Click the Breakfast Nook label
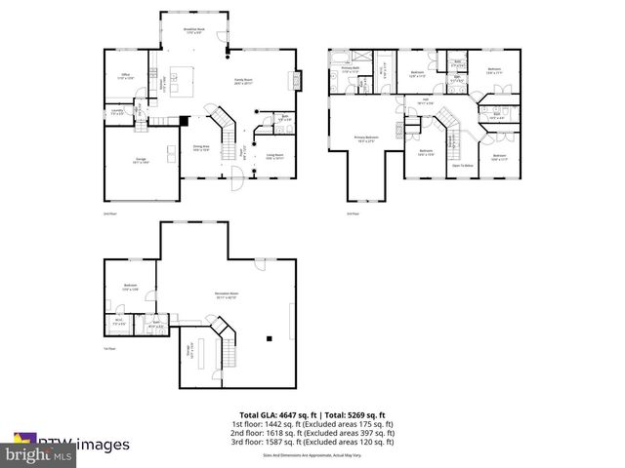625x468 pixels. [x=194, y=31]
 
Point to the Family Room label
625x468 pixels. [x=243, y=82]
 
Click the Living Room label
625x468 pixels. [x=275, y=155]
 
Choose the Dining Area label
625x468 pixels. [x=202, y=148]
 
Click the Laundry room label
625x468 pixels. [x=117, y=113]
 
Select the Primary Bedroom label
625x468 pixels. [x=367, y=139]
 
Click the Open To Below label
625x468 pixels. [x=462, y=166]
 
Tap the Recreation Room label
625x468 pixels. [x=227, y=296]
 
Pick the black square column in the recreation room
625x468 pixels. [x=269, y=339]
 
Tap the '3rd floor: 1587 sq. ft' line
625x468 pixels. [x=312, y=441]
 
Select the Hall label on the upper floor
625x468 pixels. [x=426, y=100]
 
